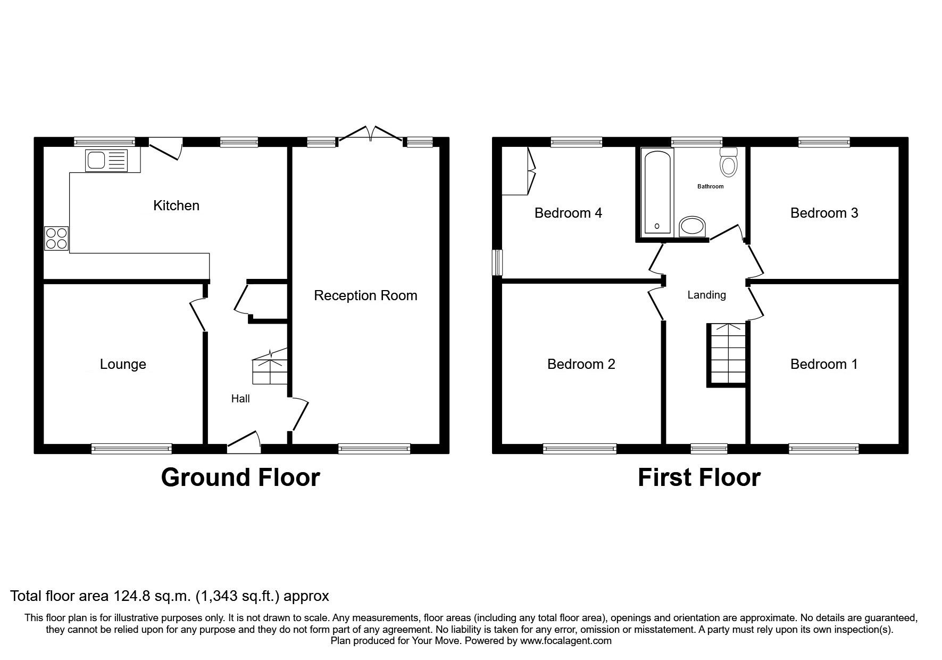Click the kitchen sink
point(106,160)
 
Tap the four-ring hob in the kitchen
point(56,238)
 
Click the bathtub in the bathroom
point(658,192)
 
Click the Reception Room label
point(365,295)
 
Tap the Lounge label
point(123,364)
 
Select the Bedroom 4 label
point(568,213)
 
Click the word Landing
point(706,295)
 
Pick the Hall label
point(240,399)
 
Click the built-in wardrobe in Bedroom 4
point(517,171)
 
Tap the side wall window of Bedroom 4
point(497,262)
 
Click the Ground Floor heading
point(240,477)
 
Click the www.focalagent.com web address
point(565,641)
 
